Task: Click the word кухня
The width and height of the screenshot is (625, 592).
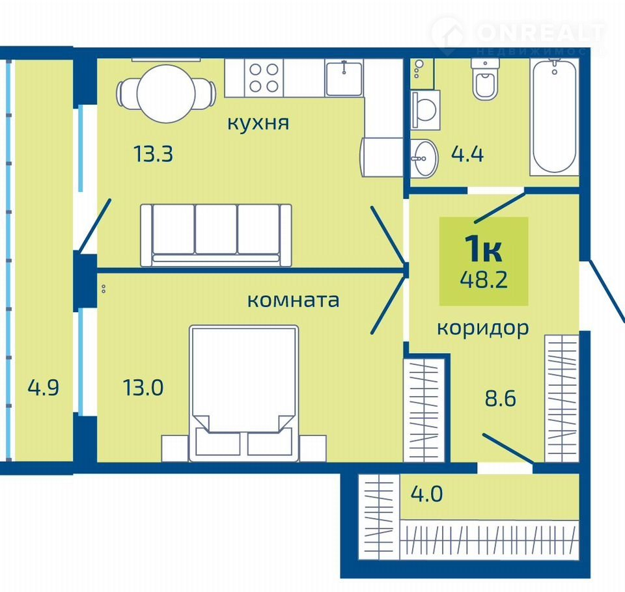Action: [x=258, y=123]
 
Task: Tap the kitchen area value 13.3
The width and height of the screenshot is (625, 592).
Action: [x=154, y=154]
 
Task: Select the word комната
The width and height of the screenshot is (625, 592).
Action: [x=294, y=300]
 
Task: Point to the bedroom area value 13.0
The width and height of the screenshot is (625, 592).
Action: [x=143, y=388]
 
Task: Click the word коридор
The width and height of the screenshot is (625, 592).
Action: [x=483, y=329]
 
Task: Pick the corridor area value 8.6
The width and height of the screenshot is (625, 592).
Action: [x=501, y=398]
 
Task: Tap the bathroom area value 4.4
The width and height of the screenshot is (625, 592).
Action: [x=467, y=154]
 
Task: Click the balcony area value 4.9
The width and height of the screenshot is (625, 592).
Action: [x=44, y=387]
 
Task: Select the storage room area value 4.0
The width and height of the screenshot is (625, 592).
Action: [x=427, y=494]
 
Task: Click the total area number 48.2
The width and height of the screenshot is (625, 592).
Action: [x=484, y=279]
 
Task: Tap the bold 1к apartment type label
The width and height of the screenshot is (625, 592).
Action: [x=484, y=249]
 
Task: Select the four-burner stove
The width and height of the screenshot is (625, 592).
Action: [x=264, y=77]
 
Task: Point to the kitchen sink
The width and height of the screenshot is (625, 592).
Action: [x=344, y=79]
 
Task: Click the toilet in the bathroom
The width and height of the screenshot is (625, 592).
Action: [x=485, y=79]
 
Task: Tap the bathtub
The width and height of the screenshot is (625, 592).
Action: [x=554, y=116]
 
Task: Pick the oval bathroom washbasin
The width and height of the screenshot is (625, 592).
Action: [x=424, y=158]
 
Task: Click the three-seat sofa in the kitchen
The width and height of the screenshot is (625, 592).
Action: [x=216, y=235]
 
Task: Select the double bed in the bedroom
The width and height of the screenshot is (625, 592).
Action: [x=243, y=394]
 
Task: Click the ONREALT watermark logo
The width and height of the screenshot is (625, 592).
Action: [x=518, y=36]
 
